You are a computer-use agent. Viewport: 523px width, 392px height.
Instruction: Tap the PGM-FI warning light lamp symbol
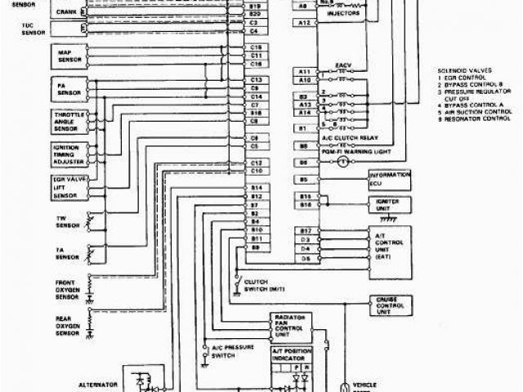tap(344, 163)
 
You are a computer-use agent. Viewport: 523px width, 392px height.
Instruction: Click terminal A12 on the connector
tap(304, 24)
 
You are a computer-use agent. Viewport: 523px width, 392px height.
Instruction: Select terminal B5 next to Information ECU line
tap(304, 179)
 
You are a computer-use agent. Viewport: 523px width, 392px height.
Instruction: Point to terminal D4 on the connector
tap(304, 249)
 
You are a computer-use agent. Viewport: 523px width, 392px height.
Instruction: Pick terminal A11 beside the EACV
tap(304, 72)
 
